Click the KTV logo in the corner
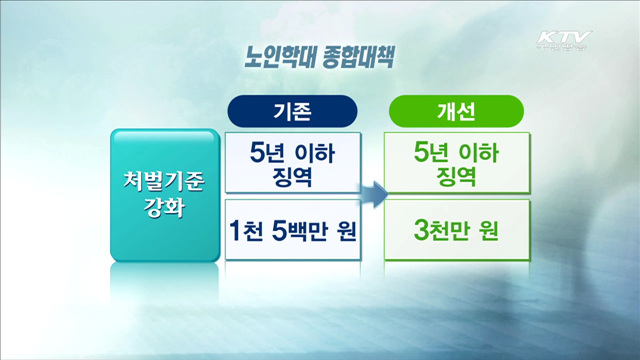pos(563,41)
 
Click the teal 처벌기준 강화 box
pos(164,194)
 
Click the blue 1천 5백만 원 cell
pos(292,230)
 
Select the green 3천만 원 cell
pos(456,230)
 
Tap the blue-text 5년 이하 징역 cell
pos(292,163)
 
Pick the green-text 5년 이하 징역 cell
pos(456,163)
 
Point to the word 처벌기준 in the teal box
pos(164,181)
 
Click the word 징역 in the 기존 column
pos(292,176)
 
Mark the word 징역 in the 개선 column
pos(456,176)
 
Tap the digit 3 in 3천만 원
pos(421,230)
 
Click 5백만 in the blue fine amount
pos(296,230)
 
